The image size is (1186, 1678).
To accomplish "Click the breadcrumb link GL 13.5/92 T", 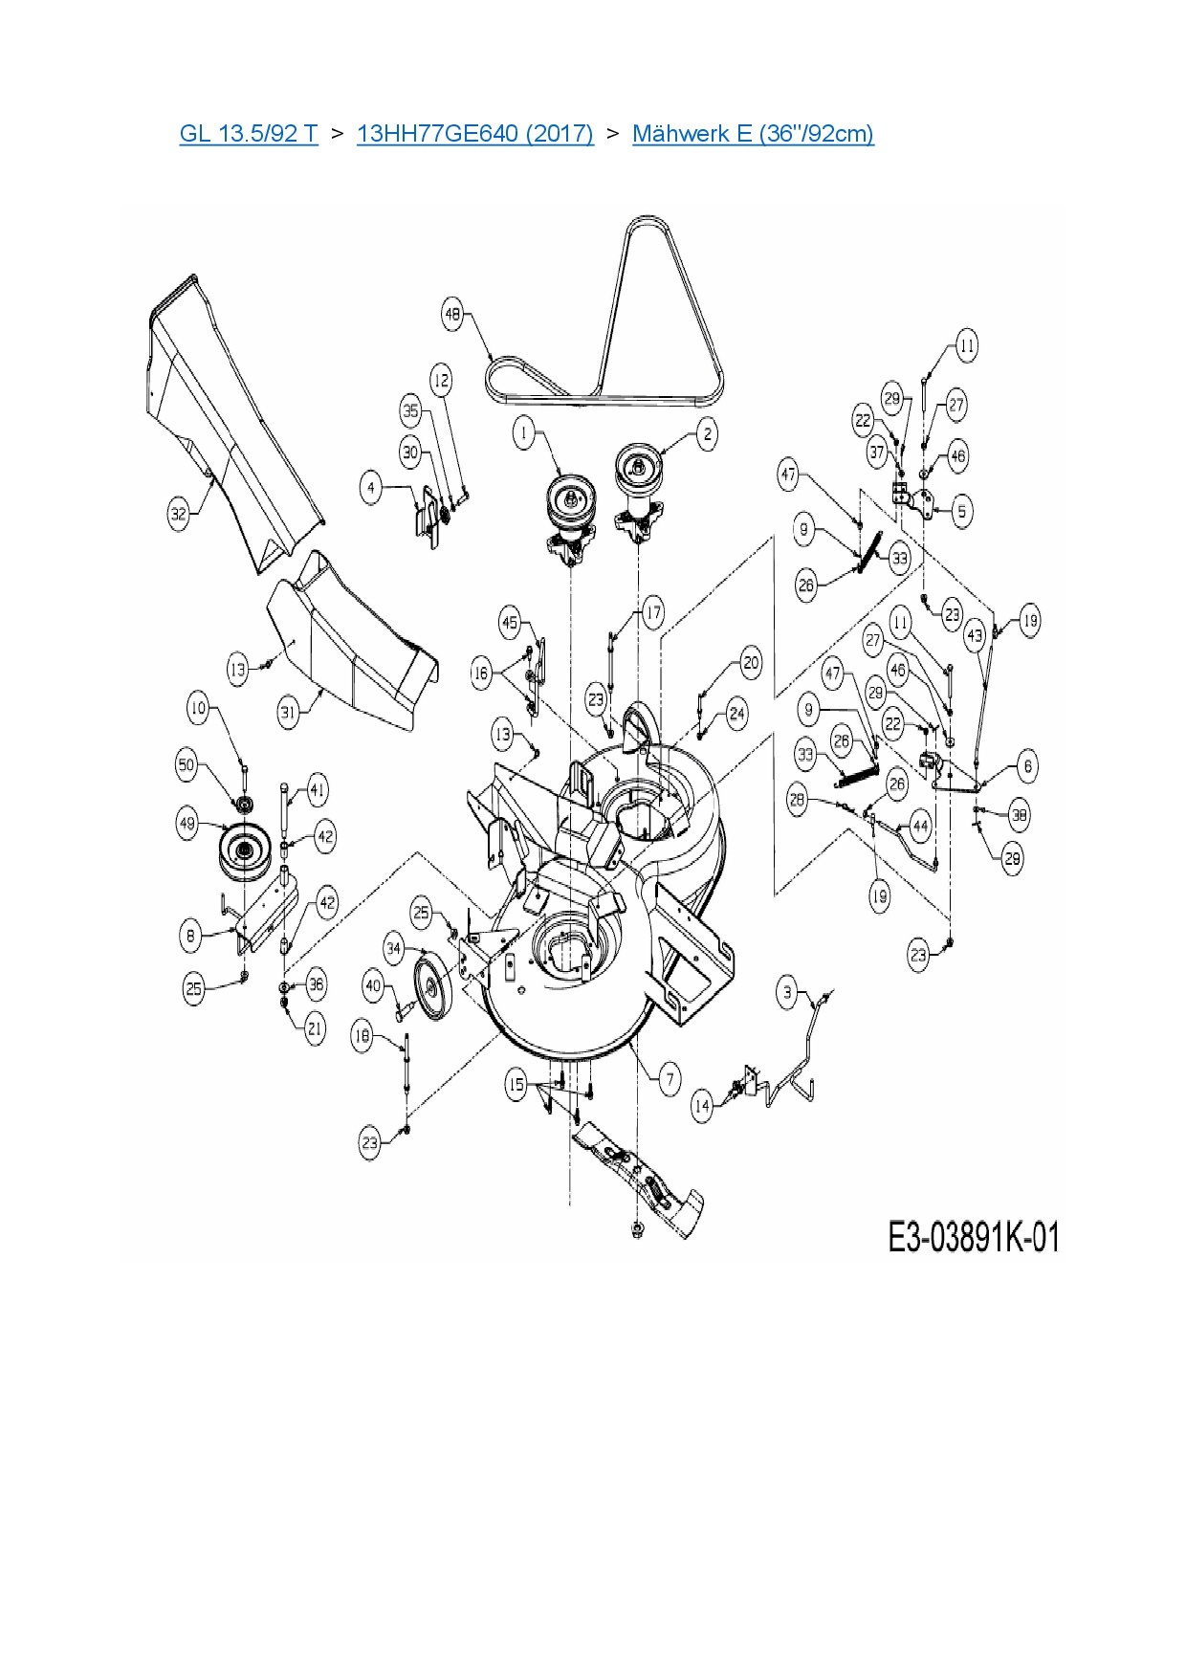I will pyautogui.click(x=248, y=133).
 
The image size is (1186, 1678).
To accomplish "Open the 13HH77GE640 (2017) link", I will pyautogui.click(x=474, y=133).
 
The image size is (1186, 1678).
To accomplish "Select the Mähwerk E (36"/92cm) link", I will pyautogui.click(x=753, y=133).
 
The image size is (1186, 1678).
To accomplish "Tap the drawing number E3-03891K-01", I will pyautogui.click(x=974, y=1237).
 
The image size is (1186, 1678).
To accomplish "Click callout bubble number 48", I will pyautogui.click(x=452, y=314).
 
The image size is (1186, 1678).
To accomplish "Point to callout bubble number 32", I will pyautogui.click(x=179, y=513).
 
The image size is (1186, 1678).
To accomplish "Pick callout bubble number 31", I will pyautogui.click(x=288, y=711).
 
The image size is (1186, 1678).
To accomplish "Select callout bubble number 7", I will pyautogui.click(x=670, y=1080).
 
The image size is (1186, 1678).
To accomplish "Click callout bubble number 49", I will pyautogui.click(x=187, y=823).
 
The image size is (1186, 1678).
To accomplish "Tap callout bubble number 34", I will pyautogui.click(x=394, y=949).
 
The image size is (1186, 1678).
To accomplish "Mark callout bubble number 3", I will pyautogui.click(x=787, y=992).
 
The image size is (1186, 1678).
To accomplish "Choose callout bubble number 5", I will pyautogui.click(x=962, y=511).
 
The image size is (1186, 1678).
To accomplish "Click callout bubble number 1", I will pyautogui.click(x=523, y=433).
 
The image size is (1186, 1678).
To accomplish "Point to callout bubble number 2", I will pyautogui.click(x=707, y=434).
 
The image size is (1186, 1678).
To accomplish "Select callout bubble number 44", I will pyautogui.click(x=920, y=826).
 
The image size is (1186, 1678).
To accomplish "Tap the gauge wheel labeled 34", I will pyautogui.click(x=435, y=984).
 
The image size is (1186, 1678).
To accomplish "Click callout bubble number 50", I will pyautogui.click(x=187, y=764).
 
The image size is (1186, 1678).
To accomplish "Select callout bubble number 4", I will pyautogui.click(x=371, y=488).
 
